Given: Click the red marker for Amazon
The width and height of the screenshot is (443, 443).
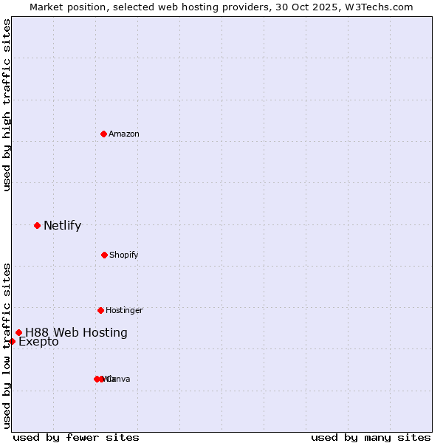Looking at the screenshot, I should (x=103, y=134).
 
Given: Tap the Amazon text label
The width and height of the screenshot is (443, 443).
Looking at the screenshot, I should (x=124, y=134).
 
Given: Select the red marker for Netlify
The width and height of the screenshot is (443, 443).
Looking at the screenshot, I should (x=37, y=225).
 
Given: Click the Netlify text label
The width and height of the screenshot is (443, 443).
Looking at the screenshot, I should (x=62, y=226).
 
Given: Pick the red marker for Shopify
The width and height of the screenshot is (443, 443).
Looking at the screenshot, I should (x=104, y=255).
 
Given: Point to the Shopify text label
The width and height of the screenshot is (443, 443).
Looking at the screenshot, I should (x=124, y=255).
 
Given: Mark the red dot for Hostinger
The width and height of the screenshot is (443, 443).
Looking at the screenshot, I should (x=100, y=310).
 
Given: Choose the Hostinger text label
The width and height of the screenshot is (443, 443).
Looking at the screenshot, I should (x=124, y=311).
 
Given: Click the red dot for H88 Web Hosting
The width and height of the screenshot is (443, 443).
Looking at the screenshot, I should (x=18, y=332).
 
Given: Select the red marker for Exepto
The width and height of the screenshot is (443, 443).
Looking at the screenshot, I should (x=12, y=341).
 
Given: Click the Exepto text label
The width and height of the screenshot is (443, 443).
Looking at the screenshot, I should (x=38, y=342).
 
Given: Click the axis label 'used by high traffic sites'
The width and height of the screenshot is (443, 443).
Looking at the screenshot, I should (x=7, y=105).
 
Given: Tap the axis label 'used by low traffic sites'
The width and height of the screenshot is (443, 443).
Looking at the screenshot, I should (x=7, y=345).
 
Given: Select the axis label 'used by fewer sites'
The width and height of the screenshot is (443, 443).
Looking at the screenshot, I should (x=76, y=438).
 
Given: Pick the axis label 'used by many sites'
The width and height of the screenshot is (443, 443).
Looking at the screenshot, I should (x=371, y=438).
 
